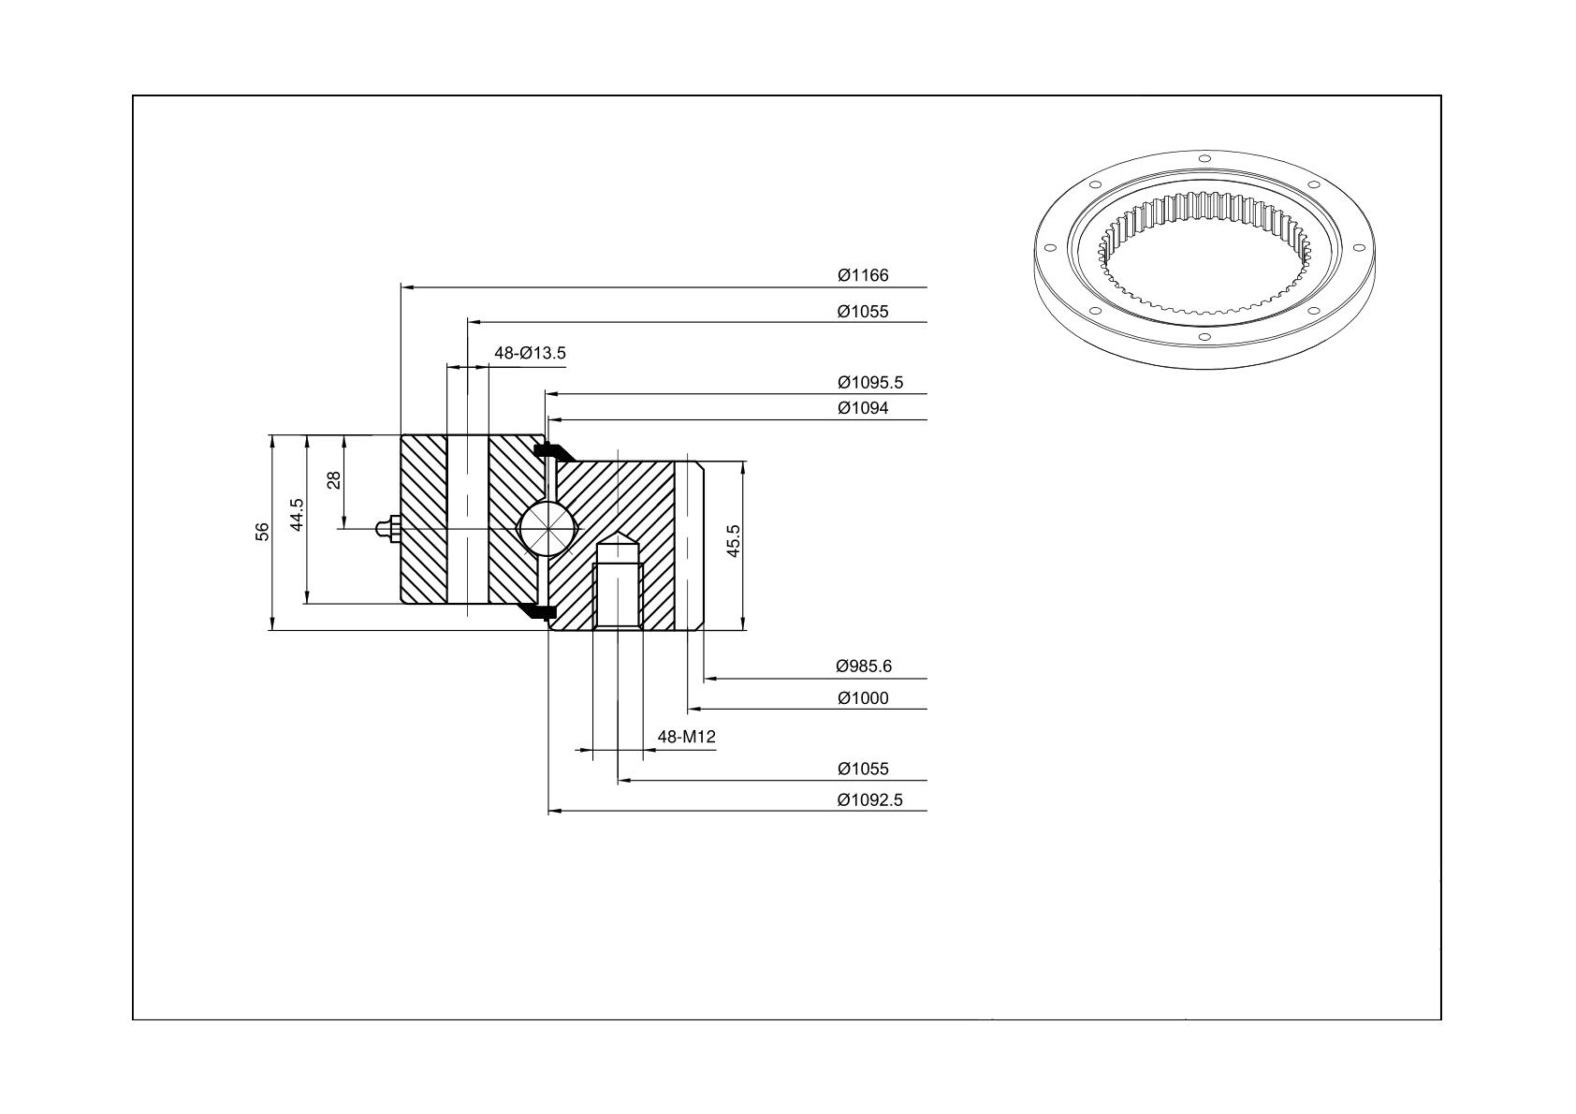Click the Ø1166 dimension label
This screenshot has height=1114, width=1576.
click(x=863, y=275)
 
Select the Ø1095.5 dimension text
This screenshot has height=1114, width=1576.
click(x=869, y=383)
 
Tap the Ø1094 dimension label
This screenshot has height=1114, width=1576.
click(x=863, y=408)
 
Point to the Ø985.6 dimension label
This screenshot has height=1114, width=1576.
click(x=863, y=666)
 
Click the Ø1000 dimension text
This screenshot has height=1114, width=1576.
click(x=863, y=698)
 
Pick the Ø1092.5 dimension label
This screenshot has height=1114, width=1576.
click(x=869, y=800)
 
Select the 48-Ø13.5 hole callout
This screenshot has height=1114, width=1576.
click(x=530, y=353)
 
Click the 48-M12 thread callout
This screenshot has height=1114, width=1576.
click(x=686, y=737)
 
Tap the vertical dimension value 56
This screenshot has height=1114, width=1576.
click(x=262, y=532)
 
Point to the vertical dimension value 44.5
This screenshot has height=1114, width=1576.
click(x=297, y=515)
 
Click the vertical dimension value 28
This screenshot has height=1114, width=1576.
click(x=334, y=480)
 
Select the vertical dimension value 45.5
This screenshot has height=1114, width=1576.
click(x=733, y=541)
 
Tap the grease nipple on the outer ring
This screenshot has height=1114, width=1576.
click(x=387, y=529)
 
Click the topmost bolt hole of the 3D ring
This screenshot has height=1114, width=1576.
click(x=1204, y=158)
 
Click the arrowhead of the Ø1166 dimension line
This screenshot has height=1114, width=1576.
click(x=407, y=287)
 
